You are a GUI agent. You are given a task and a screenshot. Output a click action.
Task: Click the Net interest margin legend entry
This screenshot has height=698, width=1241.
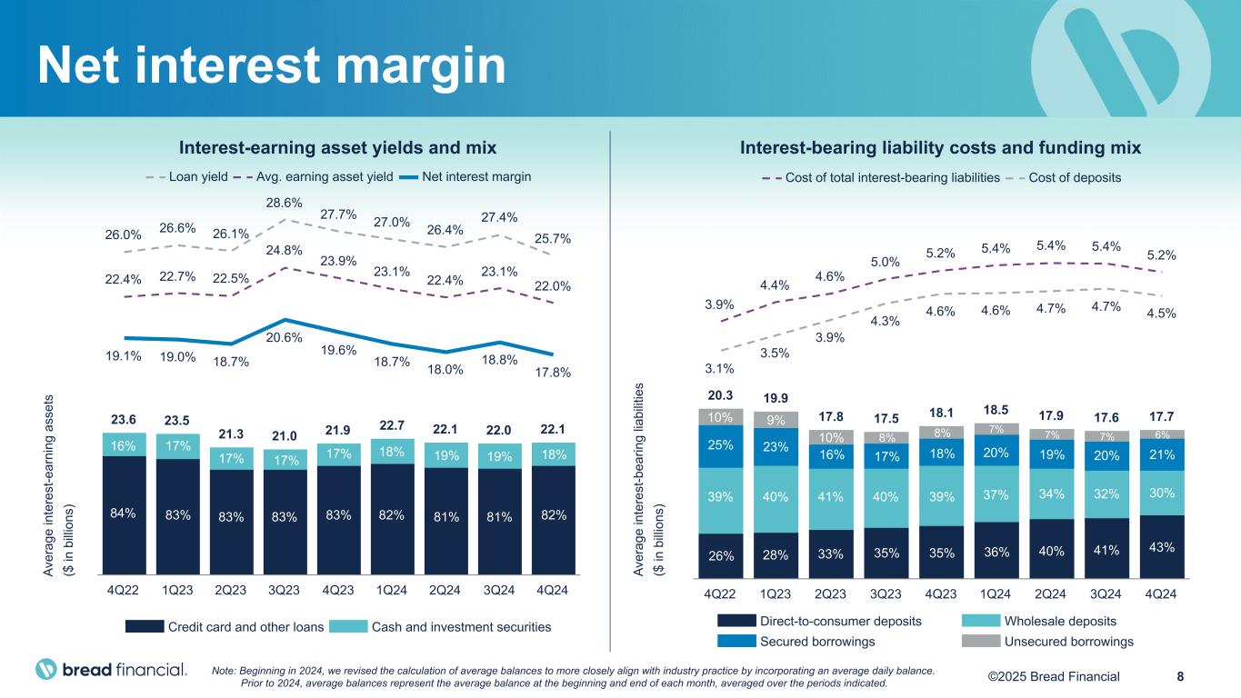point(476,176)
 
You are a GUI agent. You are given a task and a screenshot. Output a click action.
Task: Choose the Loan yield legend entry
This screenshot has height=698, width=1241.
point(188,176)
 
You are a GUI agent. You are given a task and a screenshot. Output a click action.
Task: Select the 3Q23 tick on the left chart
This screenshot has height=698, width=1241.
point(285,589)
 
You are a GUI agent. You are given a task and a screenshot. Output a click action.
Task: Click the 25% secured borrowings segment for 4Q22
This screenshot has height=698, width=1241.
point(721,446)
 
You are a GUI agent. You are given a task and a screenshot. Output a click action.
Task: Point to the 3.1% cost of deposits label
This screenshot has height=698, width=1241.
point(719,368)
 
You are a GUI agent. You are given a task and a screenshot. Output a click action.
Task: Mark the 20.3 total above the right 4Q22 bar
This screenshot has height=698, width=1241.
point(721,395)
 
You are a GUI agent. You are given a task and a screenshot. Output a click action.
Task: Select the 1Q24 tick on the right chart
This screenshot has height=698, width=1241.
point(996,593)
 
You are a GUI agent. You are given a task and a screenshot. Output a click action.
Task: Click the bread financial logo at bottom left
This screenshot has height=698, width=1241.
point(111,670)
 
